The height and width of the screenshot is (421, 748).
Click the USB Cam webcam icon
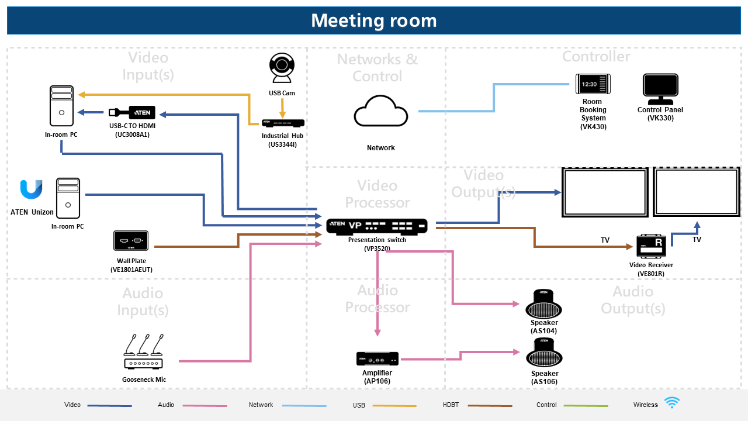pyautogui.click(x=282, y=68)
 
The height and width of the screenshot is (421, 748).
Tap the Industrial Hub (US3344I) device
pyautogui.click(x=283, y=123)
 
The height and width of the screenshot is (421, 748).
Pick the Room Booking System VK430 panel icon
pyautogui.click(x=593, y=84)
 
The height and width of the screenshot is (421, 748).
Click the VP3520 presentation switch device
pyautogui.click(x=377, y=226)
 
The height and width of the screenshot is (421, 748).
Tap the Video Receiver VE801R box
pyautogui.click(x=651, y=246)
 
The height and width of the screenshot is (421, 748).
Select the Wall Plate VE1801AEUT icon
pyautogui.click(x=130, y=241)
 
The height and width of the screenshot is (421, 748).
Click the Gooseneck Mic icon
pyautogui.click(x=143, y=353)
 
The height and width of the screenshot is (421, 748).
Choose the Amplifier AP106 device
pyautogui.click(x=377, y=358)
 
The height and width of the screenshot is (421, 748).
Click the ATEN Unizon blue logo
pyautogui.click(x=31, y=190)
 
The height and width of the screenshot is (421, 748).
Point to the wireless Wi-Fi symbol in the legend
pyautogui.click(x=672, y=403)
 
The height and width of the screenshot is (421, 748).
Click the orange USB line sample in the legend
pyautogui.click(x=394, y=406)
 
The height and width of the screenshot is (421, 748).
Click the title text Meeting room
pyautogui.click(x=374, y=20)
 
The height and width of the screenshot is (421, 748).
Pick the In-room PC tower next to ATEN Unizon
pyautogui.click(x=68, y=198)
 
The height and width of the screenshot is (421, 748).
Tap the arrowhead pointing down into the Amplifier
pyautogui.click(x=378, y=332)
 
